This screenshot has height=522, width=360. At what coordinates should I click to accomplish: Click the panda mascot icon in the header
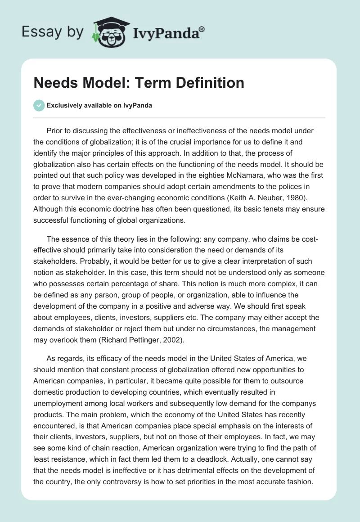click(x=108, y=32)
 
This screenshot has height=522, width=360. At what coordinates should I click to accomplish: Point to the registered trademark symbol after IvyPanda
click(x=202, y=29)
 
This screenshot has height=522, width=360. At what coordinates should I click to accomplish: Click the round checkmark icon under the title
click(x=39, y=106)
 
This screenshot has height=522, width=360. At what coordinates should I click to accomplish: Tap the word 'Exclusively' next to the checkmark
click(x=63, y=106)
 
